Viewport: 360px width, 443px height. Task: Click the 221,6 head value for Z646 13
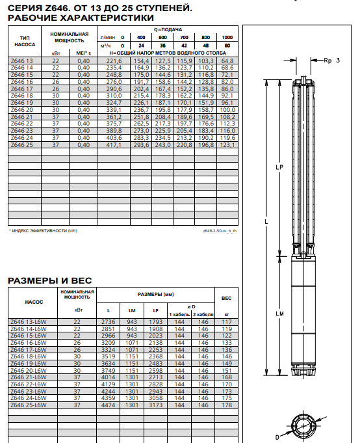114,60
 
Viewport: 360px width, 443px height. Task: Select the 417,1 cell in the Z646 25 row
114,145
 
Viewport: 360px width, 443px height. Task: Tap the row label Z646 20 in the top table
21,110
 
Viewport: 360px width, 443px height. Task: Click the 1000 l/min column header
227,37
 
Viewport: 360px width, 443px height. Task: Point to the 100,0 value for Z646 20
227,110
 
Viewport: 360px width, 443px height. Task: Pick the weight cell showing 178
227,405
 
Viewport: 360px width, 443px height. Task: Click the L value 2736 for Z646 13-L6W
109,322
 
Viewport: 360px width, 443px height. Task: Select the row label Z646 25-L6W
29,405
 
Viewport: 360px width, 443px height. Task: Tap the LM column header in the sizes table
132,310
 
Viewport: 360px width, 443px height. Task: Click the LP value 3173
156,405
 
